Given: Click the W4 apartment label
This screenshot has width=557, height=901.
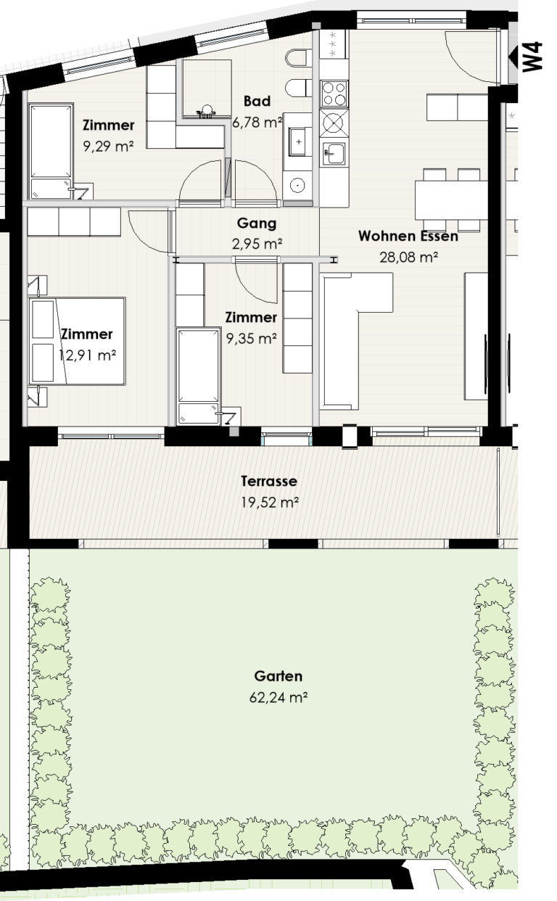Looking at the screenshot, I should point(534,57).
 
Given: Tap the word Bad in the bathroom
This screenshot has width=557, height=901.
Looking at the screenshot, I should point(257,101).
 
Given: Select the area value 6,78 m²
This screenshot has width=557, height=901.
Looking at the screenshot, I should point(257,123).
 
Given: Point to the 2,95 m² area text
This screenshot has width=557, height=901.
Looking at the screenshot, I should point(257,244).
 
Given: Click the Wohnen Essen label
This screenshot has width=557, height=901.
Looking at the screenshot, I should point(408,236).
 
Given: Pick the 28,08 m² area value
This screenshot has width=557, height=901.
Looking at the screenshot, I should point(408,257).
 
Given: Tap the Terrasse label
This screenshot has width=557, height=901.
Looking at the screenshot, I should point(269,481).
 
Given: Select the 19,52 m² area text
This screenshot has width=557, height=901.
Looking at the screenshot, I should point(269,502).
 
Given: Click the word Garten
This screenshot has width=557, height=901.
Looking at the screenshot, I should point(278,676).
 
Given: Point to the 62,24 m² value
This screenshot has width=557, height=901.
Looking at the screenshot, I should point(278,698).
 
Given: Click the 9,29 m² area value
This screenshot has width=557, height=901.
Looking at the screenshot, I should point(108,146).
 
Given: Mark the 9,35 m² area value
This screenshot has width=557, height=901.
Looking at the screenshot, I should point(251,338).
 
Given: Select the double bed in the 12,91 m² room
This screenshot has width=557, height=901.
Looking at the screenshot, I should point(76,341).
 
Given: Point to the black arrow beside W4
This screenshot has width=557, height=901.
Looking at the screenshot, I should point(514,54).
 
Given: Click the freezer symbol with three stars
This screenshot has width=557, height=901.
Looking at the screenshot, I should point(334,44).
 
